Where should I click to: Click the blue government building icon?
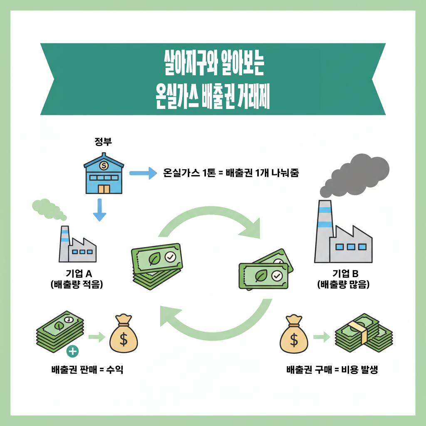click(104, 173)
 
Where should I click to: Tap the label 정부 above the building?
click(103, 141)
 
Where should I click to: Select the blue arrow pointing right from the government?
click(143, 173)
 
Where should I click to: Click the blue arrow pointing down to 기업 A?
click(99, 210)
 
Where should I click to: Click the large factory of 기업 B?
click(343, 231)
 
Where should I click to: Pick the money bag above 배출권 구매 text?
click(294, 334)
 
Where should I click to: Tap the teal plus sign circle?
click(72, 352)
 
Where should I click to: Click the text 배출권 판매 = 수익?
click(87, 369)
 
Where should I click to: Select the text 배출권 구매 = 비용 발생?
click(332, 369)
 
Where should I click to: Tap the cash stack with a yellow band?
click(364, 333)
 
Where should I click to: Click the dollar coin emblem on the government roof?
click(104, 165)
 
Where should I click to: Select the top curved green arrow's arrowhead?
click(250, 229)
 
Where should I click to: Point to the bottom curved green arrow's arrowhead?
click(170, 316)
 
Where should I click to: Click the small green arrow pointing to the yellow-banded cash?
click(322, 337)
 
